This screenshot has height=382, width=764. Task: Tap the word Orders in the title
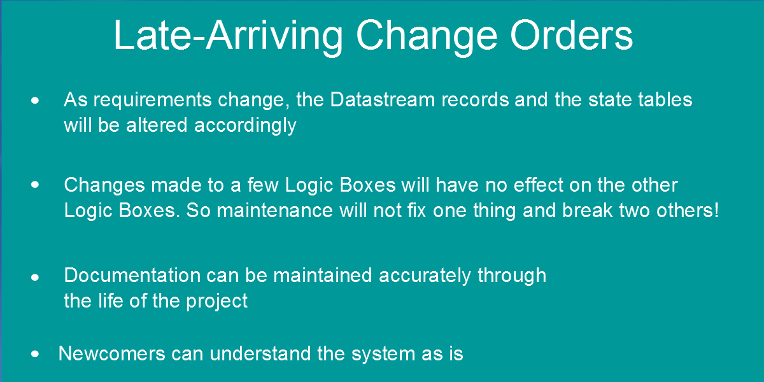[571, 36]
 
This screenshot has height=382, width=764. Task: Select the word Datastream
[383, 99]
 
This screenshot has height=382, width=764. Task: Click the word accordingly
[245, 126]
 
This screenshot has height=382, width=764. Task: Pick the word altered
[157, 125]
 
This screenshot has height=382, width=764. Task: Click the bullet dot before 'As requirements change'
[35, 101]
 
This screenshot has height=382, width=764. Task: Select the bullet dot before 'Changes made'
[35, 185]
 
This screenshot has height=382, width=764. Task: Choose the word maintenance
[274, 211]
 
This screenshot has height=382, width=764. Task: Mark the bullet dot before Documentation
[35, 278]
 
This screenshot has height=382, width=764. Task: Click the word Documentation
[132, 275]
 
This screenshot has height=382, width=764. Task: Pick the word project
[216, 302]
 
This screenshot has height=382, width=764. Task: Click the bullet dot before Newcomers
[35, 354]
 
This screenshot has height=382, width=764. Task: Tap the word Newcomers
[112, 354]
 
